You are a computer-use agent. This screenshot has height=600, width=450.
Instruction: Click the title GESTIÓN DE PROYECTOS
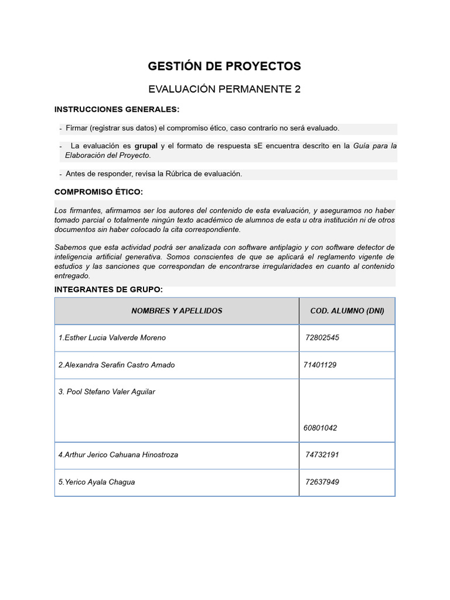[224, 66]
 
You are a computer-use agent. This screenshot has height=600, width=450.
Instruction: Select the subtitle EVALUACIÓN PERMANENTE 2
[224, 89]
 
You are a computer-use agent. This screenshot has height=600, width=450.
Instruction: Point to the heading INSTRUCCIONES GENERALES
[117, 109]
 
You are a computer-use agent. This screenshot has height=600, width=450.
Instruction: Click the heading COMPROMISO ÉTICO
[98, 192]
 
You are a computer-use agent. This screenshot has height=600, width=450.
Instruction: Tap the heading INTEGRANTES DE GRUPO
[108, 289]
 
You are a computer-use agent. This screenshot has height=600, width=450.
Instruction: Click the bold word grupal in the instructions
[146, 145]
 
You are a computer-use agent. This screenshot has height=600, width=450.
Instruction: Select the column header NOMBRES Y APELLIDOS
[176, 311]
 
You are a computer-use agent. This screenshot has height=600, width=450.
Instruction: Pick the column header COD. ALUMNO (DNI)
[347, 311]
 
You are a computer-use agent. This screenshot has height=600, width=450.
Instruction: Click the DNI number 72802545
[322, 337]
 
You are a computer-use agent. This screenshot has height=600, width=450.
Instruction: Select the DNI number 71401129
[320, 365]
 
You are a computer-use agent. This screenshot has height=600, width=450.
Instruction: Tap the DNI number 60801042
[320, 428]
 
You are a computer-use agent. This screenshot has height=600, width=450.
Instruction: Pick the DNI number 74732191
[322, 455]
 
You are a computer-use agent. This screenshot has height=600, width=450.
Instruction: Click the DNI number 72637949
[322, 482]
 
